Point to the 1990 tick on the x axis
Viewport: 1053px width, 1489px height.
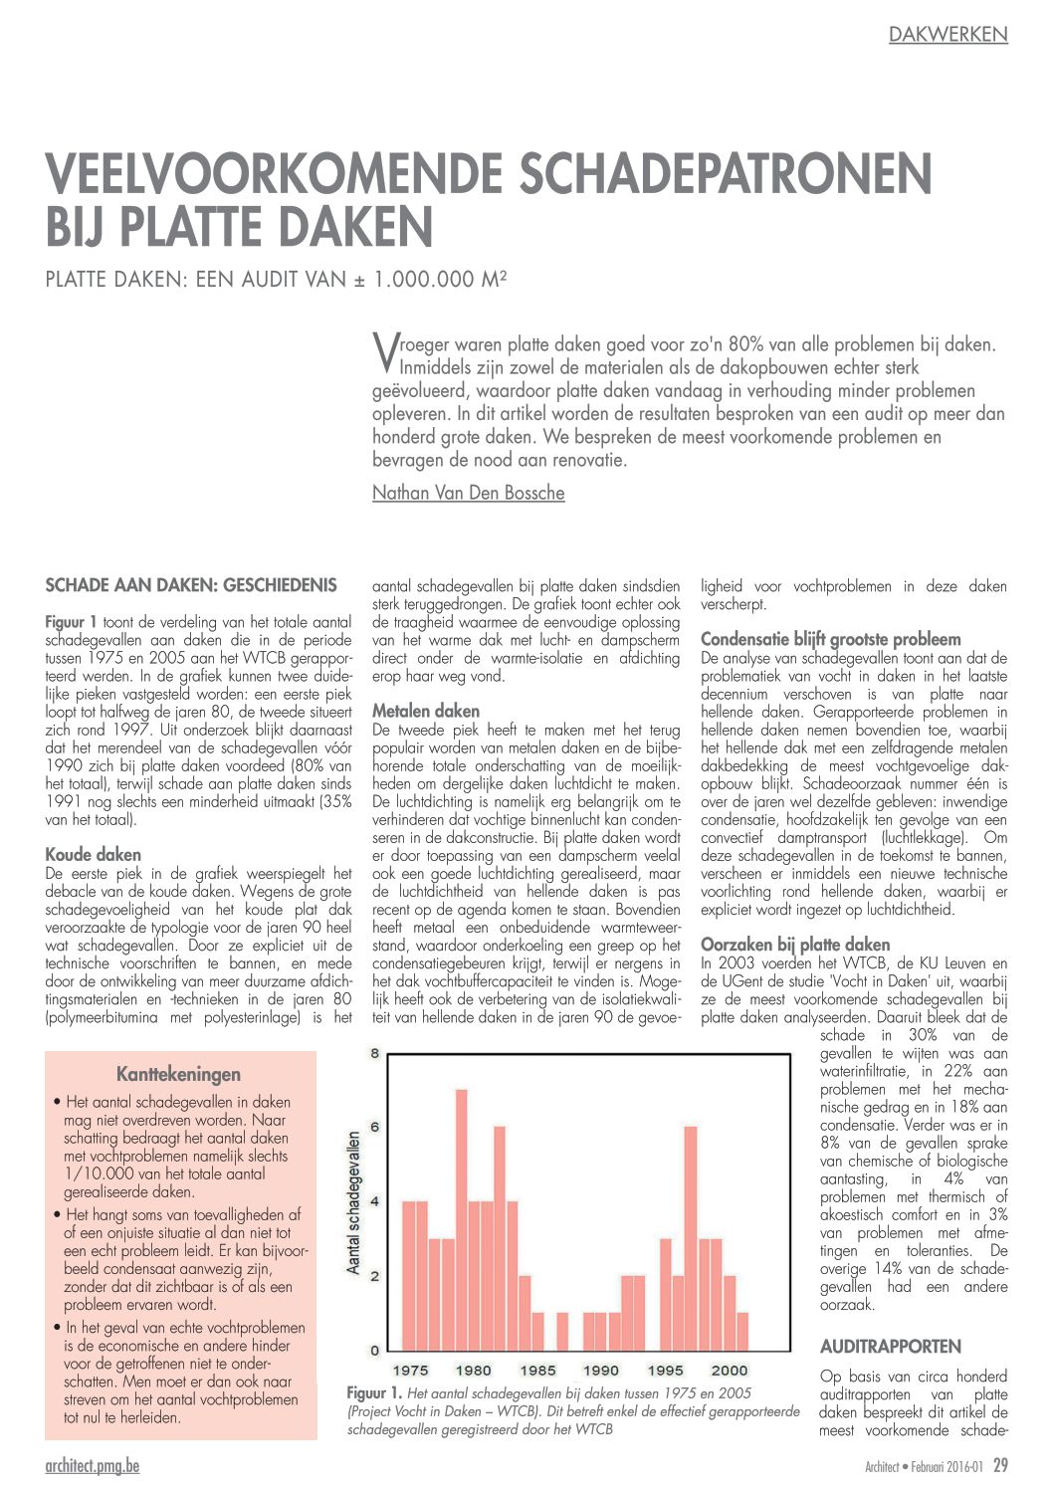pyautogui.click(x=601, y=1371)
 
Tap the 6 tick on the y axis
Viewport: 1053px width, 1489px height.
pyautogui.click(x=375, y=1127)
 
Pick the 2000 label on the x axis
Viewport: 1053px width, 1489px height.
pyautogui.click(x=730, y=1371)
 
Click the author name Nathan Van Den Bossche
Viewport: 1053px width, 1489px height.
pyautogui.click(x=468, y=493)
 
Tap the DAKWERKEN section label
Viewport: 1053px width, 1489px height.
pyautogui.click(x=948, y=35)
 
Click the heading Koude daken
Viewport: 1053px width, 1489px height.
pyautogui.click(x=94, y=854)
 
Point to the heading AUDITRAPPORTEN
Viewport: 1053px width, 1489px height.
pyautogui.click(x=891, y=1347)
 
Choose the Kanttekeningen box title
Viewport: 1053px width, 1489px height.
pyautogui.click(x=178, y=1074)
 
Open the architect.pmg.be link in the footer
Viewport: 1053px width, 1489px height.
pyautogui.click(x=93, y=1465)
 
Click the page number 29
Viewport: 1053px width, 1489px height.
pyautogui.click(x=1000, y=1465)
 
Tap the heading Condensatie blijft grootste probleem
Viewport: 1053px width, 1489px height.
pyautogui.click(x=831, y=639)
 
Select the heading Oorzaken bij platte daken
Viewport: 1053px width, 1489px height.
pyautogui.click(x=795, y=945)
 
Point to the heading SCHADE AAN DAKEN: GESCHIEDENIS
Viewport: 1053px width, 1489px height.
pyautogui.click(x=191, y=585)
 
